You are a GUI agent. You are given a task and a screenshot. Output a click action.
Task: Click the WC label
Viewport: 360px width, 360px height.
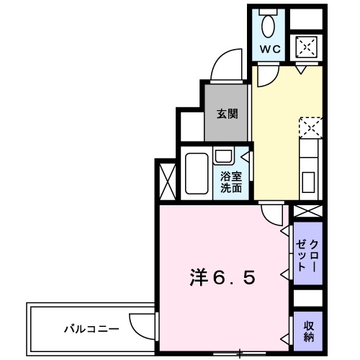270,49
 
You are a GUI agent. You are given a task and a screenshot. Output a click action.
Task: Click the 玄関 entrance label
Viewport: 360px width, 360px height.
227,114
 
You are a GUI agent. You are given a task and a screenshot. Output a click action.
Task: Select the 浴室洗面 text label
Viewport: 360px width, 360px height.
230,181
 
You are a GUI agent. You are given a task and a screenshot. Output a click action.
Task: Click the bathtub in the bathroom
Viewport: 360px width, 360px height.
195,175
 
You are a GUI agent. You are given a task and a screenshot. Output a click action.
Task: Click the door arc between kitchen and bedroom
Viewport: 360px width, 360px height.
271,214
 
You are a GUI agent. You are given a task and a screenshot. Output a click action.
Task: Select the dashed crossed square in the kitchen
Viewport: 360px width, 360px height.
309,128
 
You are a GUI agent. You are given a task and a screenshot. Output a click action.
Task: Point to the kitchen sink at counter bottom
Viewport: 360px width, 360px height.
308,179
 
